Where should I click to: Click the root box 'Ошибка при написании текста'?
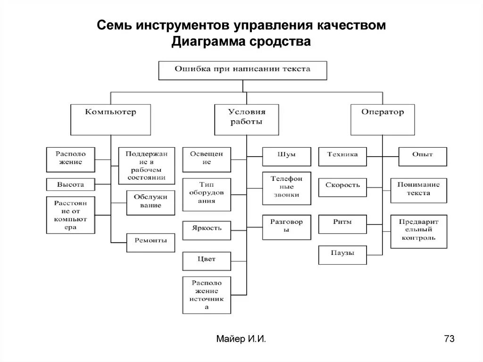pyautogui.click(x=242, y=70)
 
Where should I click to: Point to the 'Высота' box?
pyautogui.click(x=70, y=185)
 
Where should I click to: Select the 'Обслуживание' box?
pyautogui.click(x=147, y=202)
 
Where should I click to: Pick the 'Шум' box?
pyautogui.click(x=286, y=156)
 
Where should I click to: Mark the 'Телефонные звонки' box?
pyautogui.click(x=286, y=188)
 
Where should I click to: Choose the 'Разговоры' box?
pyautogui.click(x=286, y=226)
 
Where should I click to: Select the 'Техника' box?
pyautogui.click(x=342, y=156)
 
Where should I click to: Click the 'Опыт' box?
pyautogui.click(x=422, y=156)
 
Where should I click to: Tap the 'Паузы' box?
pyautogui.click(x=342, y=255)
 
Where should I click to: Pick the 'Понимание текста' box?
pyautogui.click(x=418, y=190)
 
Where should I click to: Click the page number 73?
pyautogui.click(x=449, y=339)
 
